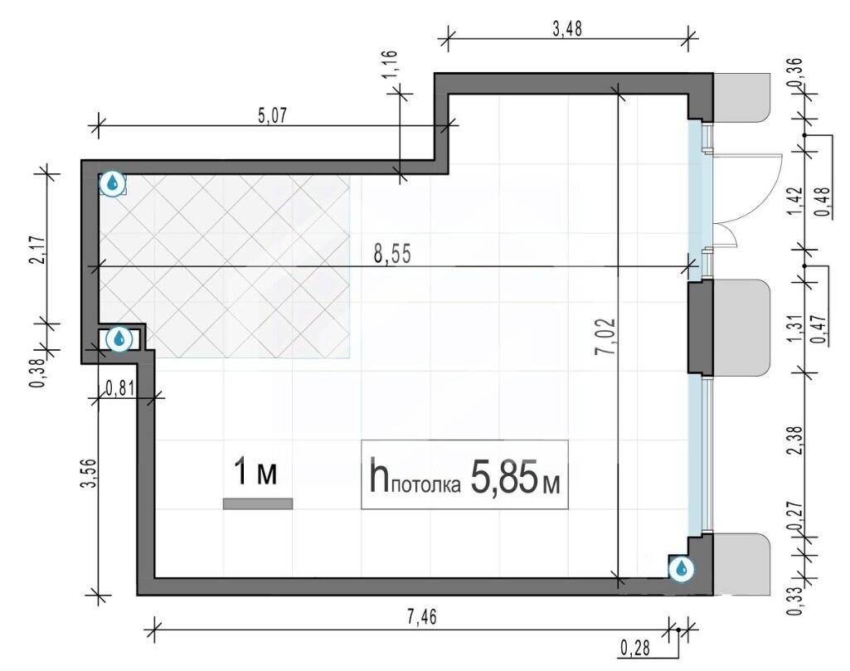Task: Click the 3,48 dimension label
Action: [x=567, y=28]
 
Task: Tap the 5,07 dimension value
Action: [x=272, y=116]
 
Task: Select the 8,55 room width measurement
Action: [x=392, y=254]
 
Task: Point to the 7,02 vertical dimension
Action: [x=605, y=336]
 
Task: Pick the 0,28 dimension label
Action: [x=634, y=647]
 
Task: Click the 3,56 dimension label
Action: [x=88, y=473]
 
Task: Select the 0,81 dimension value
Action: [x=119, y=387]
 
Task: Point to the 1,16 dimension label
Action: [x=391, y=64]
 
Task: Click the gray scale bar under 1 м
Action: [x=258, y=504]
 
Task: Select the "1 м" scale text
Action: [x=255, y=472]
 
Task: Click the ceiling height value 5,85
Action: [x=503, y=478]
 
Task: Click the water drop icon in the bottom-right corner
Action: [x=682, y=569]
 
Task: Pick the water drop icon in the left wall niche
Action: [x=119, y=339]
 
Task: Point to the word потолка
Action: [x=425, y=485]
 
